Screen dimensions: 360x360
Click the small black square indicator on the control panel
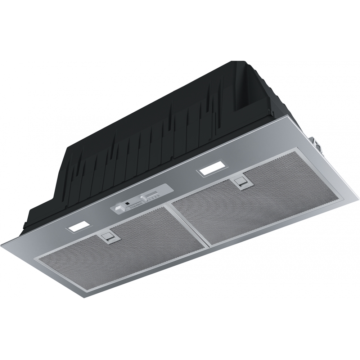[x=127, y=203]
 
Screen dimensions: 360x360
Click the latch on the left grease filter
[x=108, y=237]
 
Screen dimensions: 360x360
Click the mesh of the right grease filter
[x=256, y=205]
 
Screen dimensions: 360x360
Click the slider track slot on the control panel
[x=151, y=194]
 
